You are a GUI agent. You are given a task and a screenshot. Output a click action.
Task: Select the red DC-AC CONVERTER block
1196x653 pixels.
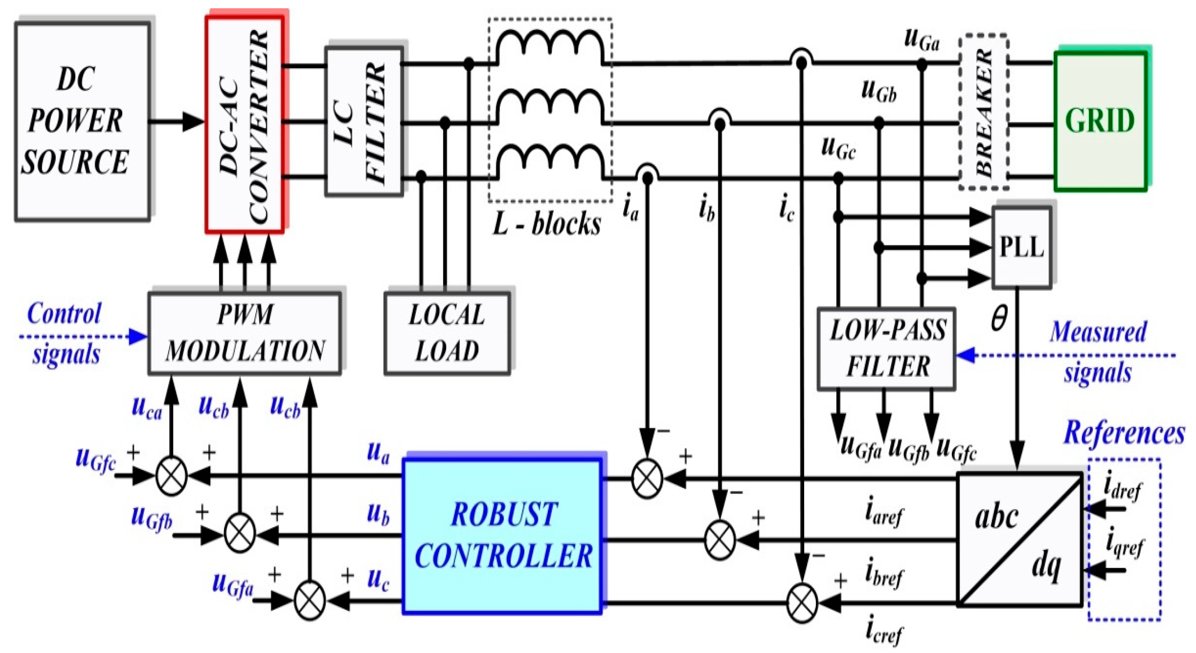pos(245,124)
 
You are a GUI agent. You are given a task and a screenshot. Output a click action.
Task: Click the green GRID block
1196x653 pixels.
pos(1100,121)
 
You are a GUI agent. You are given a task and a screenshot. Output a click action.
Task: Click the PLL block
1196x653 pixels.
pos(1021,247)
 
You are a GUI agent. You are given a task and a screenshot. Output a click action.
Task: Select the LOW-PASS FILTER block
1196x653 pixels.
pos(886,348)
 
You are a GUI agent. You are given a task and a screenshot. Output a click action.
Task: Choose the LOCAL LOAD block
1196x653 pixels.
pos(447,333)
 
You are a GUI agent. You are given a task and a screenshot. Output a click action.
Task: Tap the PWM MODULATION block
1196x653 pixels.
pos(245,333)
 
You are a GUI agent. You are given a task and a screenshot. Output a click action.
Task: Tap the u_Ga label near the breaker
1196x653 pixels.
pos(922,39)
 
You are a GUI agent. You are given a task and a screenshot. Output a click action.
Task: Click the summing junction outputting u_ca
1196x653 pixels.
pos(171,476)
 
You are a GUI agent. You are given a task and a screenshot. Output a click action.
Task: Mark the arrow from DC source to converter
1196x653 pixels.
pos(176,121)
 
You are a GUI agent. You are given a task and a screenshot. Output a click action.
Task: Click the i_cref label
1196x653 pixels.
pos(884,631)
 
